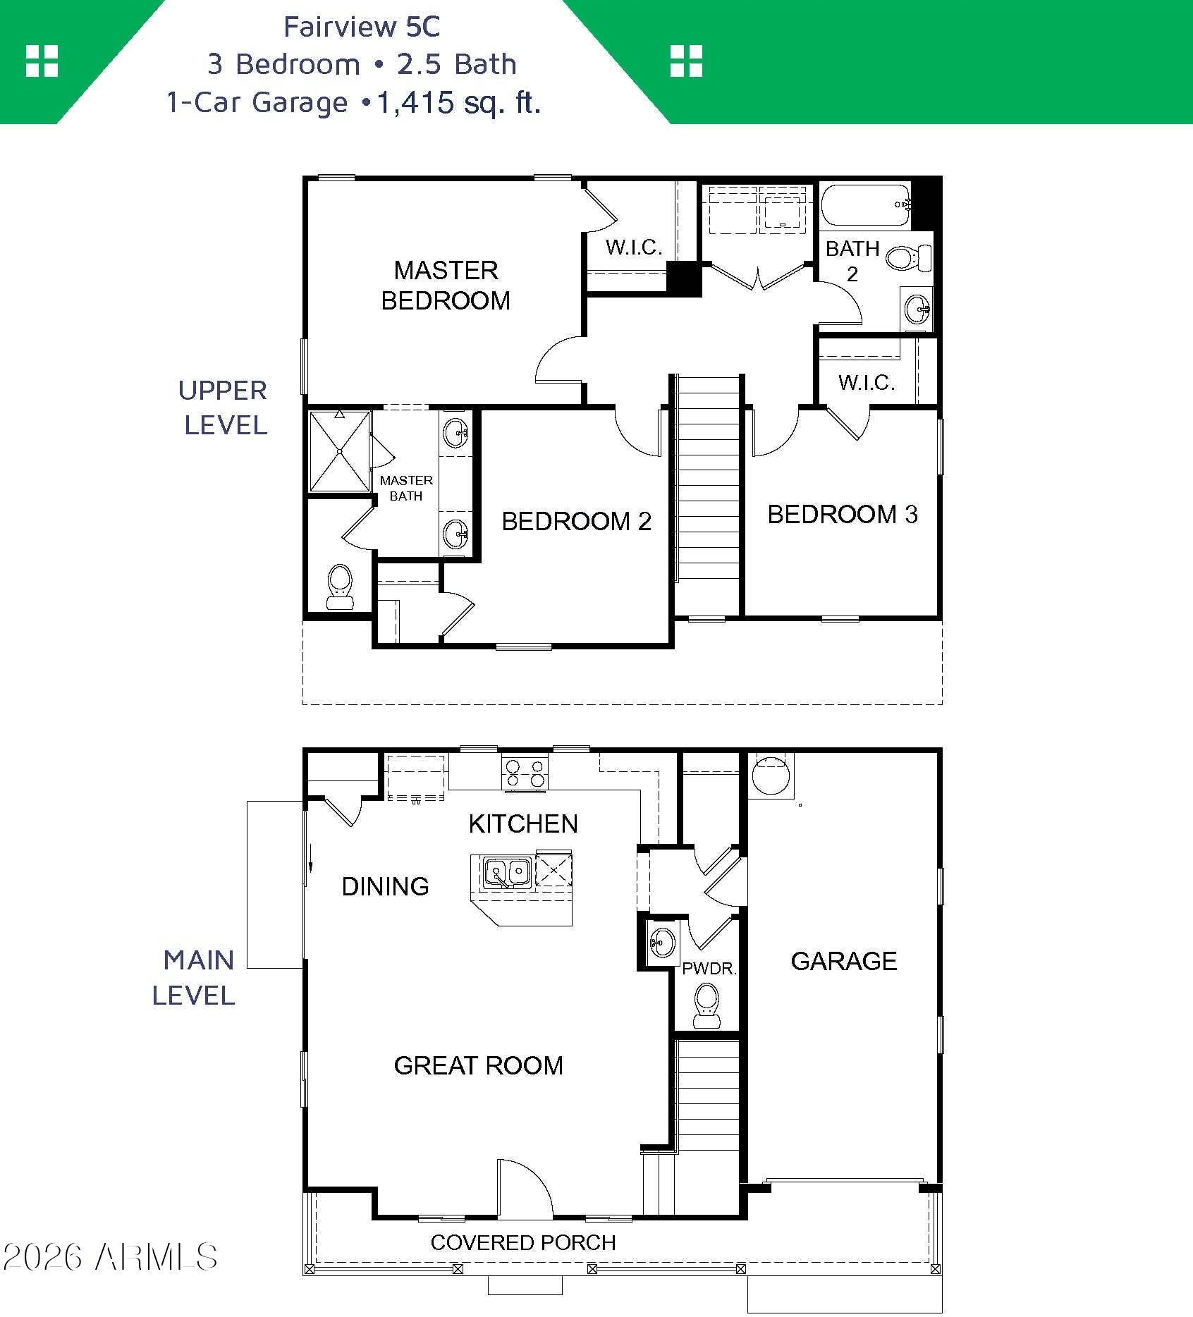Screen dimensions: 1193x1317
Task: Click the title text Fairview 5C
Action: [362, 27]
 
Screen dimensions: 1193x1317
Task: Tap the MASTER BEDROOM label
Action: [446, 286]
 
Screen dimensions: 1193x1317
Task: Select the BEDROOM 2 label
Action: [576, 521]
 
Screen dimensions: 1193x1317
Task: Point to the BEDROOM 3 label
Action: [843, 514]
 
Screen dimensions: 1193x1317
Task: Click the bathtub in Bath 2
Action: [867, 205]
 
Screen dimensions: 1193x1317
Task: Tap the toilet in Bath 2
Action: [908, 257]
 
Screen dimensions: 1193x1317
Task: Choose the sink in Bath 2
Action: [917, 307]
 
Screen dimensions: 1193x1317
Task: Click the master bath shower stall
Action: [340, 451]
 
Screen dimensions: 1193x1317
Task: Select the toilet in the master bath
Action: [340, 586]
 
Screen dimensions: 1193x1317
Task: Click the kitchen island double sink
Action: [508, 871]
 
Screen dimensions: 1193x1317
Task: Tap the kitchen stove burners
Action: [525, 772]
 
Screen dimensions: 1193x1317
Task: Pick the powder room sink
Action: [661, 941]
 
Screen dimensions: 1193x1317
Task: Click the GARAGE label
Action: [844, 961]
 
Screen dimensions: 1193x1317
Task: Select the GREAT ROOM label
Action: [479, 1065]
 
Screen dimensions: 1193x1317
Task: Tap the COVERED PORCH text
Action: [523, 1242]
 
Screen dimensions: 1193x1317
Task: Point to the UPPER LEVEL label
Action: [224, 408]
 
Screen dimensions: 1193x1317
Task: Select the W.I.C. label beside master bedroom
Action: [634, 247]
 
